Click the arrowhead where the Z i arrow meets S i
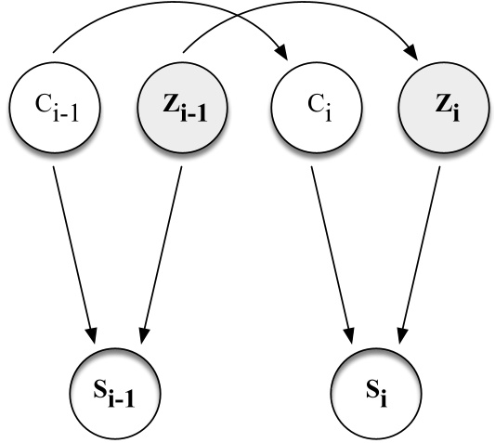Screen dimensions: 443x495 (402, 329)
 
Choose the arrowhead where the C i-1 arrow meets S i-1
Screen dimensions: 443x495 (92, 329)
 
